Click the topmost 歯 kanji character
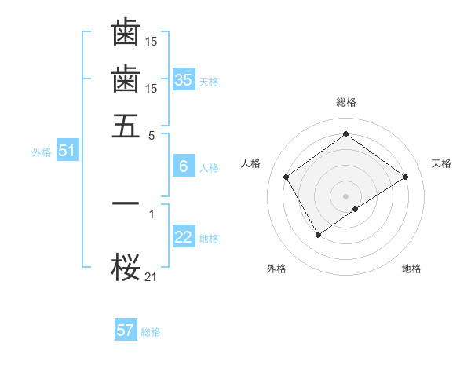(x=126, y=33)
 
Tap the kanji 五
(x=126, y=126)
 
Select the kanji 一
(x=126, y=203)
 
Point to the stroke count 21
(x=152, y=276)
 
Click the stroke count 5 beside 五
(x=152, y=134)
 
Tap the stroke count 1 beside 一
(x=152, y=212)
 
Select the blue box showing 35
(x=183, y=80)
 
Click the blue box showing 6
(x=183, y=166)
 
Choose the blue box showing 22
(x=183, y=237)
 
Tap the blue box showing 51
(x=66, y=152)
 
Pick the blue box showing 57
(x=125, y=331)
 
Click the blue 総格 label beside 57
(x=151, y=332)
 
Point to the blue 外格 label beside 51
(x=41, y=152)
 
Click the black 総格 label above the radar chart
(x=345, y=102)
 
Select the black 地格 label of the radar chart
(x=411, y=269)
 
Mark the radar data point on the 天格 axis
(x=405, y=177)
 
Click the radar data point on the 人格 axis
(x=287, y=177)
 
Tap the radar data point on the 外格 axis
(x=318, y=234)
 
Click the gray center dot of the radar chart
(x=345, y=195)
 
